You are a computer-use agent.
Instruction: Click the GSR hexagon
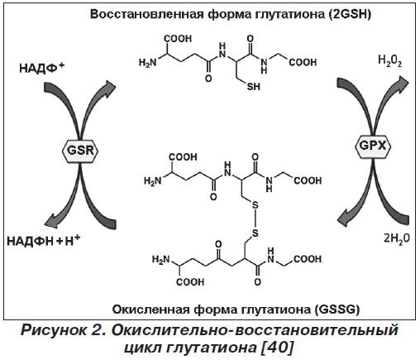[x=80, y=151]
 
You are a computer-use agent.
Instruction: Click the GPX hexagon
[x=373, y=146]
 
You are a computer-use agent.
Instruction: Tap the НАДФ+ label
[x=42, y=68]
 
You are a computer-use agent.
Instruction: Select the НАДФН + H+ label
[x=43, y=241]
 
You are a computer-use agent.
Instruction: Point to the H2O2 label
[x=390, y=61]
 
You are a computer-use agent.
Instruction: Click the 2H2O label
[x=397, y=238]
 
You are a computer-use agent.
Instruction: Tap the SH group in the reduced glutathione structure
[x=253, y=86]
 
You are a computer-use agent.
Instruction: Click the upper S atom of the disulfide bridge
[x=255, y=205]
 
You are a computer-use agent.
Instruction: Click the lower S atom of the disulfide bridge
[x=255, y=233]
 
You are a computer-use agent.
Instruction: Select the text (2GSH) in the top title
[x=350, y=14]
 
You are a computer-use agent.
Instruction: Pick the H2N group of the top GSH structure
[x=147, y=63]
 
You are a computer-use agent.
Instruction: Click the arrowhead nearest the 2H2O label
[x=346, y=217]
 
